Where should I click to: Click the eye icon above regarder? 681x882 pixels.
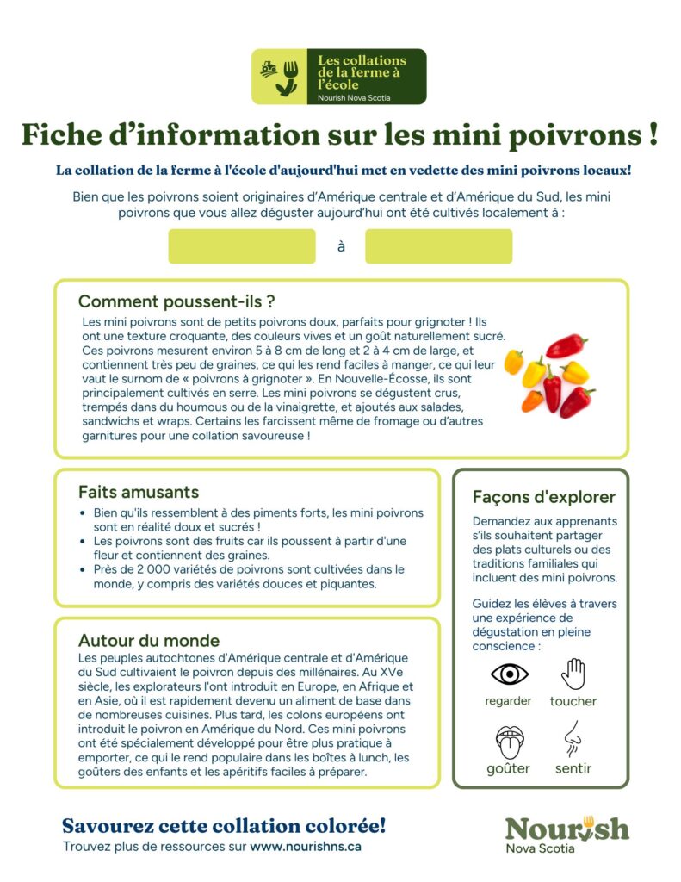click(509, 674)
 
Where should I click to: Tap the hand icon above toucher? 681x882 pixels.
click(573, 674)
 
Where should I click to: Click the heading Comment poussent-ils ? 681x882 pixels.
click(176, 301)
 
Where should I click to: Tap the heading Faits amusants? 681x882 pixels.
click(139, 493)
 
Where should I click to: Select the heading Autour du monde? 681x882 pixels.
click(149, 641)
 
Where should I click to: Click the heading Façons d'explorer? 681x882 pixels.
click(544, 497)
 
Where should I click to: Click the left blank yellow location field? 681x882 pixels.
click(242, 246)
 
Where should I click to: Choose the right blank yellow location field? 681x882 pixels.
click(438, 246)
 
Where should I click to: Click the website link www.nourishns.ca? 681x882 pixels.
click(306, 847)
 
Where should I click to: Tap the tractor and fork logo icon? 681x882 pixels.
click(280, 77)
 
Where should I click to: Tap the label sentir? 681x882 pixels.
click(573, 768)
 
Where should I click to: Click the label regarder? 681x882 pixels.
click(508, 701)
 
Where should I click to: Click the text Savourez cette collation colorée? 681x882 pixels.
click(224, 825)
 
